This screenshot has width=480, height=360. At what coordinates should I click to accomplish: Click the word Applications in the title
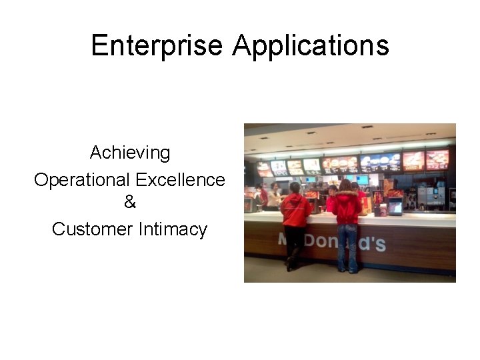tap(311, 45)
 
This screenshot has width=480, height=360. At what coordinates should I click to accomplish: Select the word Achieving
tap(130, 153)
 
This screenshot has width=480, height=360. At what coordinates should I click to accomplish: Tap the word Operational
tap(82, 180)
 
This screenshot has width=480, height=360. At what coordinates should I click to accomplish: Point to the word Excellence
tap(181, 180)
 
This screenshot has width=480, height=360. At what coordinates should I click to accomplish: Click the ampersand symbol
tap(130, 201)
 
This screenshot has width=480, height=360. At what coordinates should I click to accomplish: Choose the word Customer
tap(93, 229)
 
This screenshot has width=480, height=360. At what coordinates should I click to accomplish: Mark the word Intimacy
tap(173, 229)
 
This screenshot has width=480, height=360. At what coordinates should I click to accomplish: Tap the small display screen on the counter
tap(395, 206)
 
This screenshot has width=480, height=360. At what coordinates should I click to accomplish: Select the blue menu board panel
tap(381, 162)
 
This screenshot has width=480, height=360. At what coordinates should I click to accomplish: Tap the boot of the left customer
tap(291, 266)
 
